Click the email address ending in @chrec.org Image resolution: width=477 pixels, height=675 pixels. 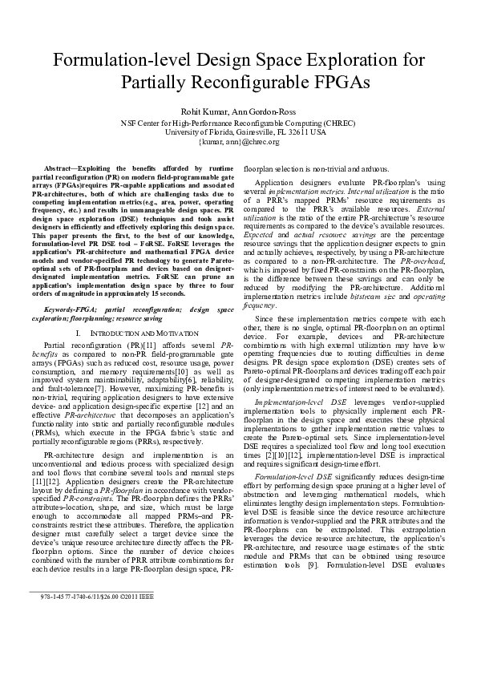click(x=238, y=142)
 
